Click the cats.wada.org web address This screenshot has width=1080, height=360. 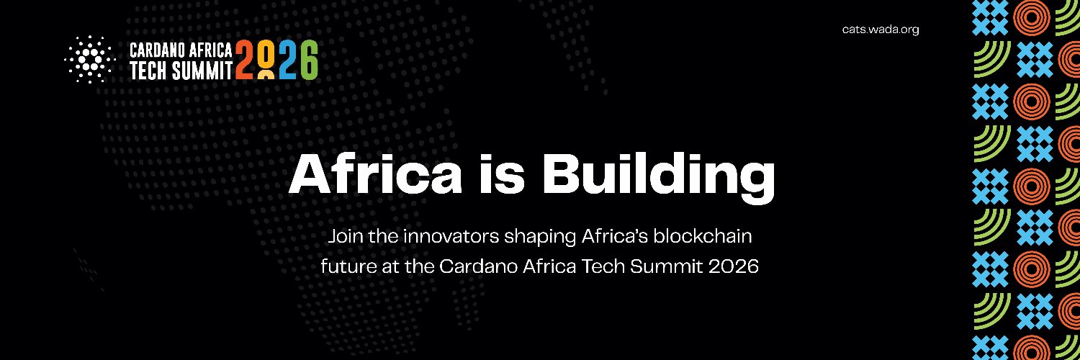point(880,30)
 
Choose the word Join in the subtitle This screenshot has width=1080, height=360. point(342,235)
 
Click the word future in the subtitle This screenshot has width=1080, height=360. point(343,266)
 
